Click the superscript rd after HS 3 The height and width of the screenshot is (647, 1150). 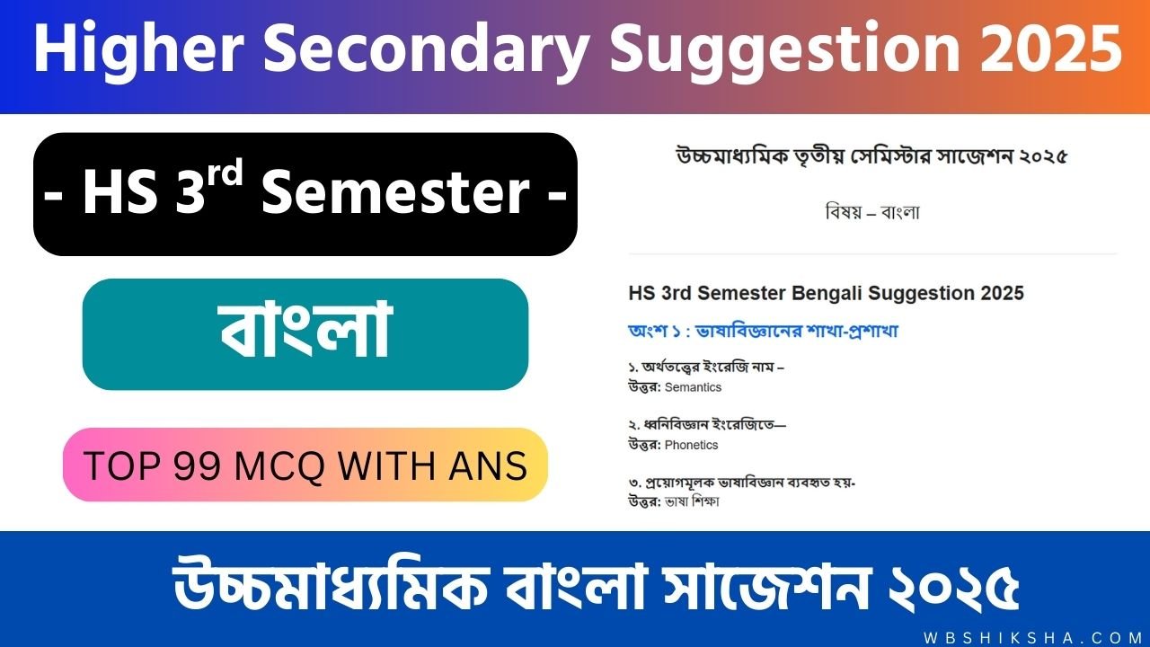coord(225,173)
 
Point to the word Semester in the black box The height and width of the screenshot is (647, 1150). coord(395,192)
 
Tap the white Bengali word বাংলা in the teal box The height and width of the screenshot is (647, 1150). coord(306,330)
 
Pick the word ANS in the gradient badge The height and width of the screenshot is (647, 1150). coord(488,465)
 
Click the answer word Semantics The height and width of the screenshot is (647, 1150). coord(693,387)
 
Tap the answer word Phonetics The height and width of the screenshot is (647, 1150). coord(692,445)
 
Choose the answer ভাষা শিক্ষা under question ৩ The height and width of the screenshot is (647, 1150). coord(692,501)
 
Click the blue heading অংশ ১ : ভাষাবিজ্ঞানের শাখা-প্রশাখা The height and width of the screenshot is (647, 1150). coord(764,331)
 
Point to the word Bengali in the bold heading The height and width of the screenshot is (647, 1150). coord(827,293)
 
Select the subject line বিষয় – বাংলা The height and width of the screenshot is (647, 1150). coord(872,212)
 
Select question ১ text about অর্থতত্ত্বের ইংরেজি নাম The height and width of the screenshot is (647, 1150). coord(706,368)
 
